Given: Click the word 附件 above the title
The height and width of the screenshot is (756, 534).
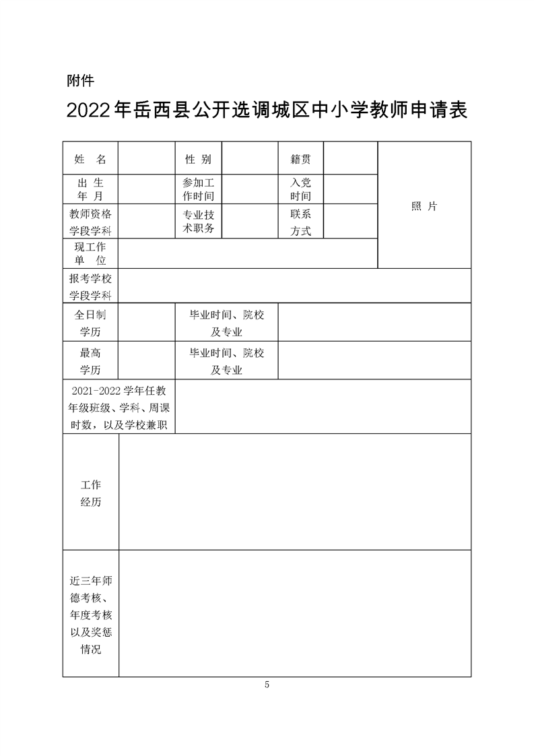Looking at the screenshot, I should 81,81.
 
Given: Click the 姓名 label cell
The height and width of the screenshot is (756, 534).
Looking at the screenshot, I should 91,159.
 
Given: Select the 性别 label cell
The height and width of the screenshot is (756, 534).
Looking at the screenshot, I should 199,159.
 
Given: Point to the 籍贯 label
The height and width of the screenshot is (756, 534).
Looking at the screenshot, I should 300,159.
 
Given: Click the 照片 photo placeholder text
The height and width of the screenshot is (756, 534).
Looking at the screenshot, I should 424,206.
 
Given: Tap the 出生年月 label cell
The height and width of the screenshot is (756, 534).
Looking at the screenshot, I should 91,189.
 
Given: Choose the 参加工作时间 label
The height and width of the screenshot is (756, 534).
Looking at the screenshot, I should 199,189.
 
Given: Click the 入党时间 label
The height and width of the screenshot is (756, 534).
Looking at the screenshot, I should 300,189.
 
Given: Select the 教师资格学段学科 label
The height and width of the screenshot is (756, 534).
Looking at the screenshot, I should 91,222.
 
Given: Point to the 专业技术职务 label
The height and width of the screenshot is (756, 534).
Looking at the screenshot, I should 199,222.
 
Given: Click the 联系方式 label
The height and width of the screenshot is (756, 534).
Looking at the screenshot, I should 300,222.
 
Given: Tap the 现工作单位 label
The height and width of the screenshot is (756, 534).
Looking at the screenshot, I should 91,254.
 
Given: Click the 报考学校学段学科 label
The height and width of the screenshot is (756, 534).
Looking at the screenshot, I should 91,286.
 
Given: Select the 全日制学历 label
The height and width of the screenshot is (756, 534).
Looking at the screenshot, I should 91,323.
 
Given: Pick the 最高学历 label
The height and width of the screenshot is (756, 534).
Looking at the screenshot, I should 91,361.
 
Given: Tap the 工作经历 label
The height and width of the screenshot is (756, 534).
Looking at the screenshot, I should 91,493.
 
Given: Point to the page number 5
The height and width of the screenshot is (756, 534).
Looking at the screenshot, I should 267,685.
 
